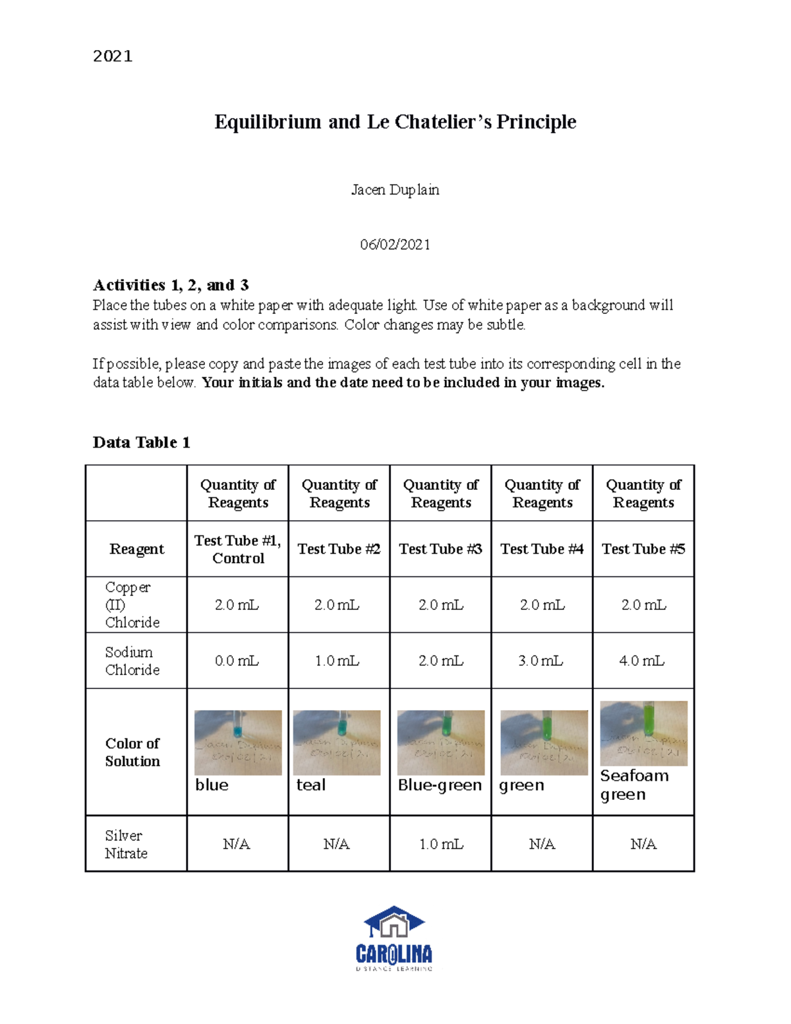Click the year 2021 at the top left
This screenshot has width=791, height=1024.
point(113,56)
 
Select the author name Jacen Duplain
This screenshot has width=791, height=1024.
point(395,190)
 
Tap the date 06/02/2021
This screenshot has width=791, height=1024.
point(395,245)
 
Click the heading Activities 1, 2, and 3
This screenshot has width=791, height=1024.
point(171,285)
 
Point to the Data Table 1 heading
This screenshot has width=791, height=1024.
point(141,442)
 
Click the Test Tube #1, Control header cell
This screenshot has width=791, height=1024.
point(238,549)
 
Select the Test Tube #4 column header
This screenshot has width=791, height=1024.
point(542,549)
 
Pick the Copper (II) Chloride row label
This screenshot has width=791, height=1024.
point(132,605)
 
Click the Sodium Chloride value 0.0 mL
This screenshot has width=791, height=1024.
point(237,661)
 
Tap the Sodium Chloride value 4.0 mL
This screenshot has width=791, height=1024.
point(642,661)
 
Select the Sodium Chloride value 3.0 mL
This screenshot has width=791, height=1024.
point(541,661)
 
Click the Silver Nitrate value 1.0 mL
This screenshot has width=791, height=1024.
point(441,844)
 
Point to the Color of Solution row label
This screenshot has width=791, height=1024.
point(132,752)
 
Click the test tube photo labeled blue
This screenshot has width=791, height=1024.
point(238,742)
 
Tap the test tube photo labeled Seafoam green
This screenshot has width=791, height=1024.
point(644,733)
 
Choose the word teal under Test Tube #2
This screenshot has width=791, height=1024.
point(311,785)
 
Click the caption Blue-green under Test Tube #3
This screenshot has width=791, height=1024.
point(440,785)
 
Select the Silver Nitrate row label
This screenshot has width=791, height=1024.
point(126,844)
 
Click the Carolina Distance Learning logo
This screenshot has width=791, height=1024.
point(394,938)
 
